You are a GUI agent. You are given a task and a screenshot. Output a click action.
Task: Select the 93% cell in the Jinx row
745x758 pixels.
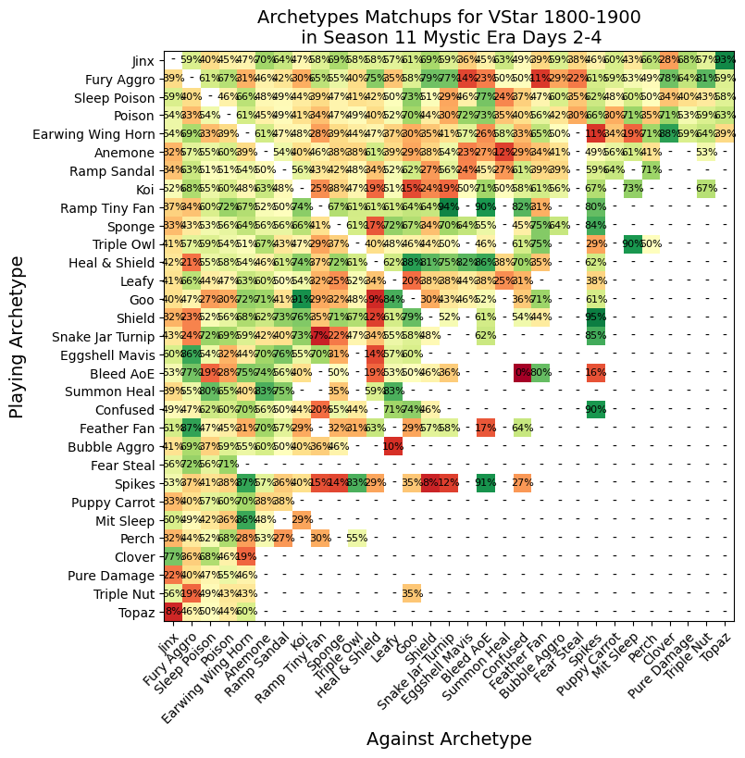point(725,60)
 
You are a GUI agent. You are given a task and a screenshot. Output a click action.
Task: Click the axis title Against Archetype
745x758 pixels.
point(449,739)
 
